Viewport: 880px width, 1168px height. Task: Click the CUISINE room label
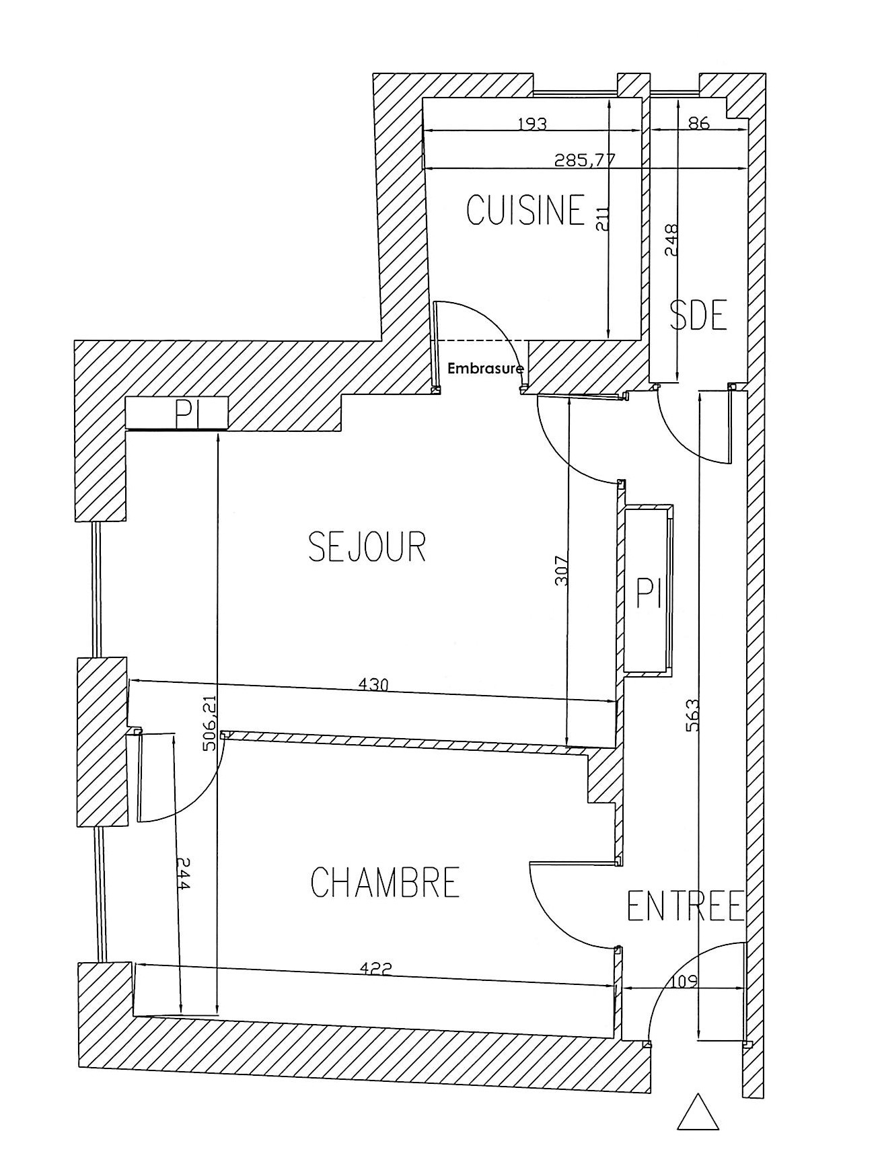tap(525, 210)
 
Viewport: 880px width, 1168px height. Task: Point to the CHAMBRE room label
tap(386, 882)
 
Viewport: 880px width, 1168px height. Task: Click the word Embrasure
tap(486, 369)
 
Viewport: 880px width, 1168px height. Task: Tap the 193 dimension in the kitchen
tap(532, 124)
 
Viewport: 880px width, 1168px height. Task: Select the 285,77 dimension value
tap(585, 160)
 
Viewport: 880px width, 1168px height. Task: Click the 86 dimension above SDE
tap(700, 123)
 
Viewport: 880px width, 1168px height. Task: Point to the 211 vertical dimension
tap(603, 218)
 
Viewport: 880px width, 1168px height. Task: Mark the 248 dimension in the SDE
tap(671, 239)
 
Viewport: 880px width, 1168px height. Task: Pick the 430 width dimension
tap(374, 686)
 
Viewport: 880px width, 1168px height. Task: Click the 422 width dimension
tap(376, 969)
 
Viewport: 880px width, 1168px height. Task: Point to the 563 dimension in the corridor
tap(693, 717)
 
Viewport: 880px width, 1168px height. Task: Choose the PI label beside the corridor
tap(649, 594)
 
